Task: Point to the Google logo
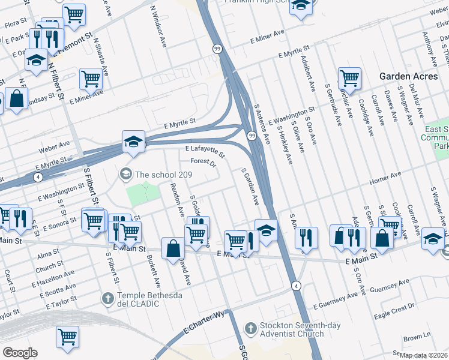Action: coord(20,353)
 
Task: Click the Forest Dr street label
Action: coord(203,162)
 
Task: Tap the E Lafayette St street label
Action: coord(205,151)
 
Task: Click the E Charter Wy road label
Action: coord(203,322)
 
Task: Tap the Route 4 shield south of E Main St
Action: coord(297,286)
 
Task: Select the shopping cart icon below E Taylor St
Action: coord(67,337)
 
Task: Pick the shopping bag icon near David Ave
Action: coord(173,248)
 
